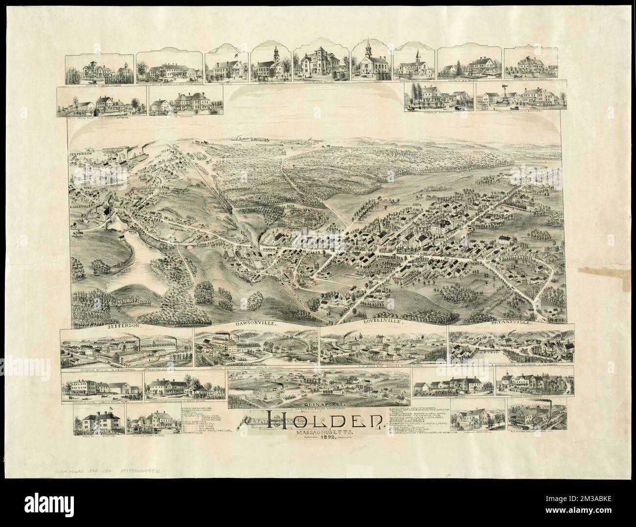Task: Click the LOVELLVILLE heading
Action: point(381,322)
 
